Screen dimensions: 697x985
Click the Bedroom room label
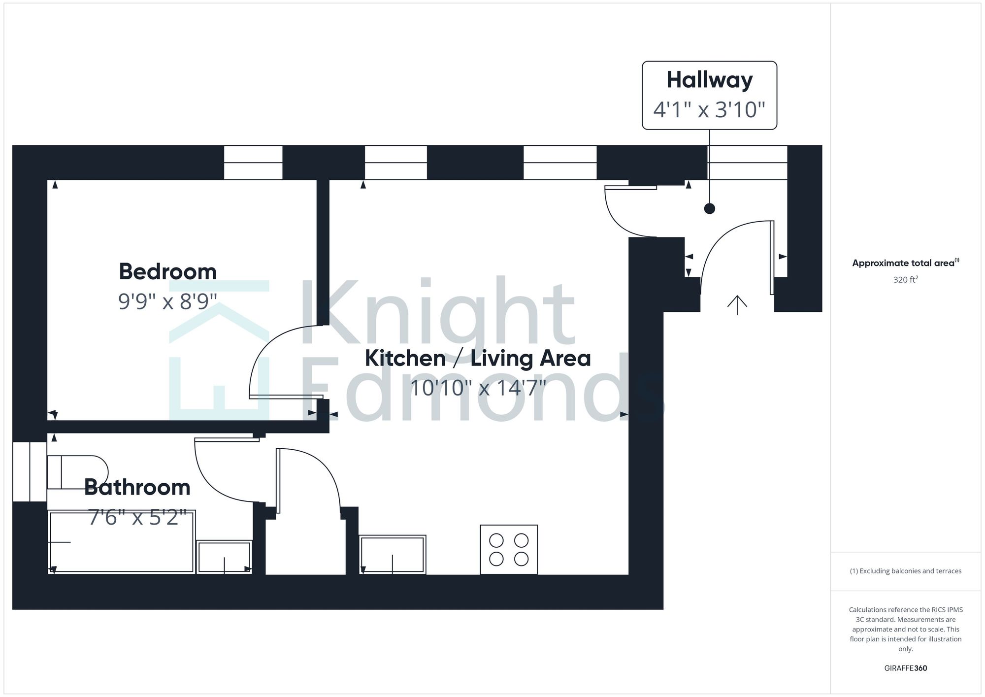coord(167,272)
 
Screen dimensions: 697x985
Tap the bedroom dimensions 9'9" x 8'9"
coord(167,301)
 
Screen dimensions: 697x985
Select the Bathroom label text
coord(137,488)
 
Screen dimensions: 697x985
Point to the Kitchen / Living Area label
coord(477,358)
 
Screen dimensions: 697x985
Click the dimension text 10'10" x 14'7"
coord(477,388)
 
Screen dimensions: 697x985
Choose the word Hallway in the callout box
coord(709,80)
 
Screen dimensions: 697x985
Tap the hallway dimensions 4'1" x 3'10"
coord(709,109)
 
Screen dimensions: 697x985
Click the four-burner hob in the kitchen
coord(509,549)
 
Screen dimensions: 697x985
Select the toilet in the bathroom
coord(77,472)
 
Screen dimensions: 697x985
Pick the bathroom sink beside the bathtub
coord(224,557)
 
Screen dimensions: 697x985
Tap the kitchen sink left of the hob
coord(392,555)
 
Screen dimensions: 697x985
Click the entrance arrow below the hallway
coord(737,305)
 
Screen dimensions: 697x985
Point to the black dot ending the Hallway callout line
coord(709,209)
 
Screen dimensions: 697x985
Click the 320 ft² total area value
coord(905,280)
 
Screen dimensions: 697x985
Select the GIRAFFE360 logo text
coord(905,668)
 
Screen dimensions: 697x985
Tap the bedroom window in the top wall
coord(253,163)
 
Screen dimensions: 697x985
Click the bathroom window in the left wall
coord(30,472)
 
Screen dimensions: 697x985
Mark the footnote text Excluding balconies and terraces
coord(905,571)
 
